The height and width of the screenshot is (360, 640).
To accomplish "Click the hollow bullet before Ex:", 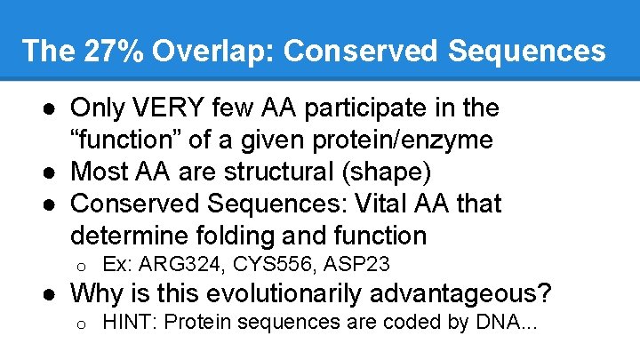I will point(79,266).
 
